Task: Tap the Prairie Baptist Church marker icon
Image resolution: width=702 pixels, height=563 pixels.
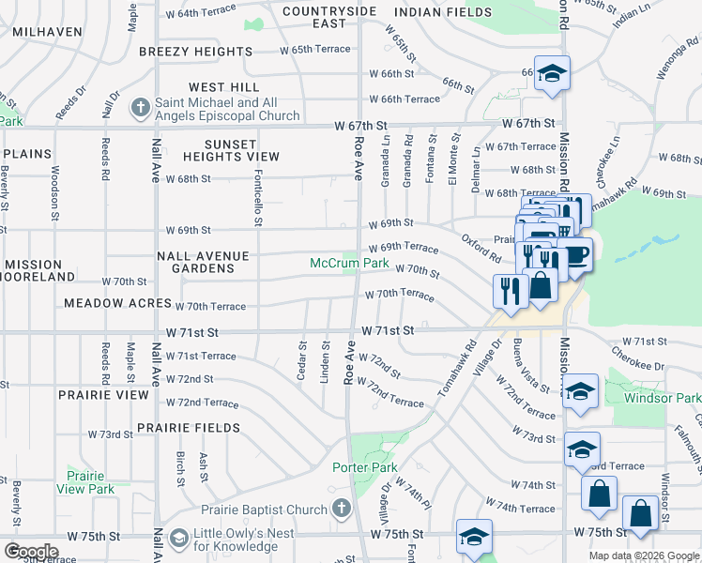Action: tap(342, 510)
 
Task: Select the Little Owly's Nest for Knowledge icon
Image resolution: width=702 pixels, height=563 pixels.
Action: tap(179, 539)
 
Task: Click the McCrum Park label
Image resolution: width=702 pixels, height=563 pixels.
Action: tap(349, 264)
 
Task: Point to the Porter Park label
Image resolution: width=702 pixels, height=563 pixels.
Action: tap(364, 467)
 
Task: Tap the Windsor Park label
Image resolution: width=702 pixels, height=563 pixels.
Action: tap(663, 398)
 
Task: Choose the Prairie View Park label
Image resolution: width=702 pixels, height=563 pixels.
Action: tap(84, 482)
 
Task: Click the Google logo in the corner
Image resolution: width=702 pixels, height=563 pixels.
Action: tap(31, 552)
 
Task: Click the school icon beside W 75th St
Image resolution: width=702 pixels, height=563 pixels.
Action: tap(474, 538)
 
